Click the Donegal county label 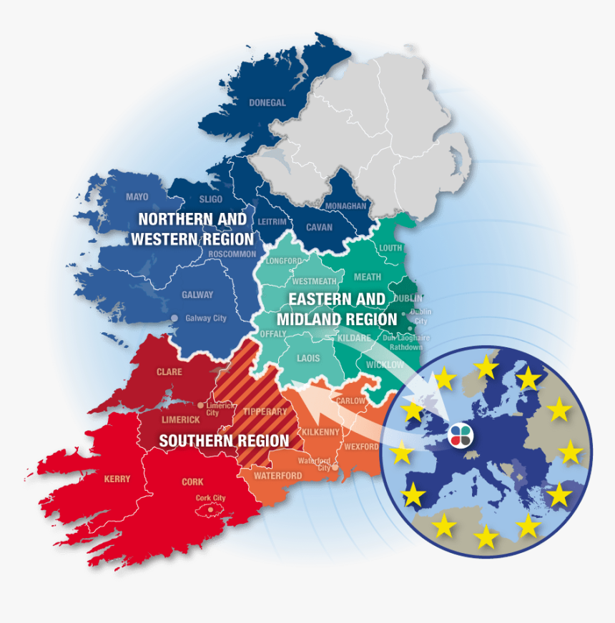coord(267,102)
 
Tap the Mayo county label coord(137,197)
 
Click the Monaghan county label coord(345,206)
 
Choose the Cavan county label coord(319,227)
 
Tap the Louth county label coord(391,248)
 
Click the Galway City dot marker coord(174,318)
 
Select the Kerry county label coord(117,479)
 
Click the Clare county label coord(169,372)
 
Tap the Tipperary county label coord(265,412)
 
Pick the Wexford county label coord(361,447)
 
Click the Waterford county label coord(277,475)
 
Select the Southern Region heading coord(224,441)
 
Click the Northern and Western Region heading coord(192,229)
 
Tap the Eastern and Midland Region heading coord(337,309)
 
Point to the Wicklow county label coord(385,364)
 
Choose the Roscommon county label coord(232,254)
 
